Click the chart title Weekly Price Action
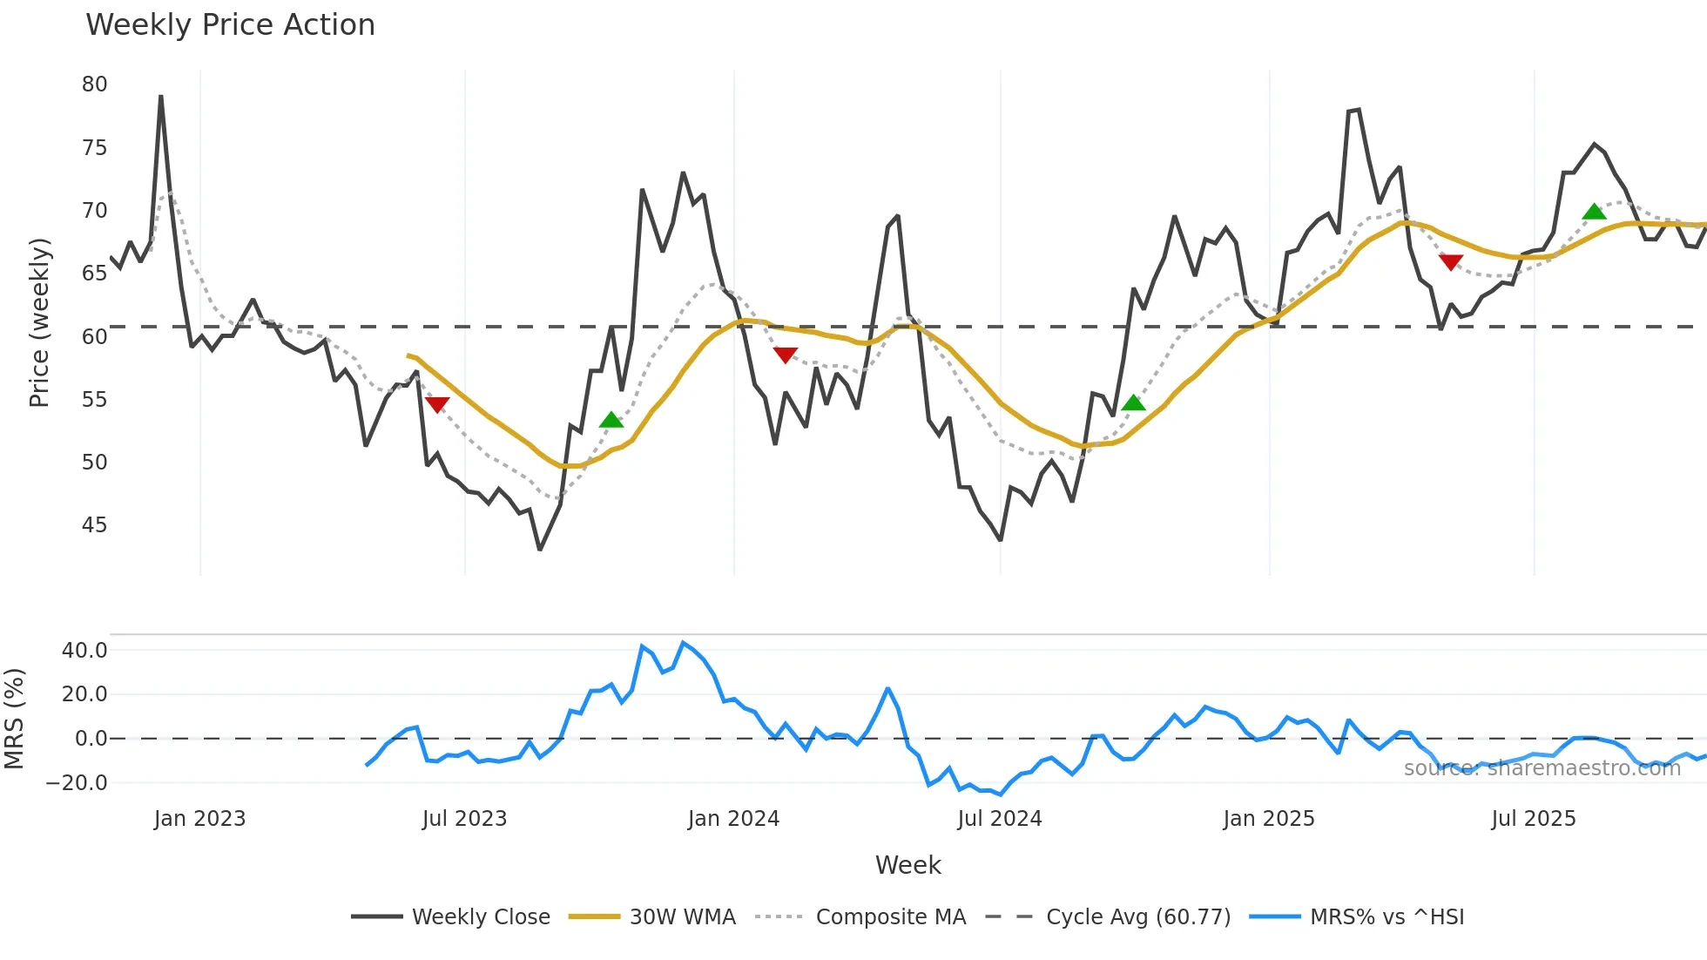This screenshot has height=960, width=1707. [230, 25]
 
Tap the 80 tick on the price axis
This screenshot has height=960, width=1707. [94, 85]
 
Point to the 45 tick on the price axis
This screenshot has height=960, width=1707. [94, 525]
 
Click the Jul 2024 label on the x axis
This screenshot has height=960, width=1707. [999, 819]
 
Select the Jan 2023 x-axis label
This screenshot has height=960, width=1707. [199, 819]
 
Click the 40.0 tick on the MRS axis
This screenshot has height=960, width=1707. [84, 651]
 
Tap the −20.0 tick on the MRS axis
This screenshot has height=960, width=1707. [77, 782]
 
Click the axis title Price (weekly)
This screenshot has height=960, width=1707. [39, 322]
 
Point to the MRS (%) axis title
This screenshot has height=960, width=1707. [14, 719]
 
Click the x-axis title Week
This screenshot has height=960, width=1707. [907, 865]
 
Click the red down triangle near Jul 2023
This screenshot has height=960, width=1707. [437, 404]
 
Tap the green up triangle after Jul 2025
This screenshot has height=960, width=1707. [1594, 212]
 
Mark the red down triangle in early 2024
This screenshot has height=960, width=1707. [786, 355]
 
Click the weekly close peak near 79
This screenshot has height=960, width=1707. [161, 97]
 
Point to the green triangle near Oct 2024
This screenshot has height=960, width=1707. [1133, 402]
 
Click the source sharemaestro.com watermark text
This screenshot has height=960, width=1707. [1542, 768]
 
